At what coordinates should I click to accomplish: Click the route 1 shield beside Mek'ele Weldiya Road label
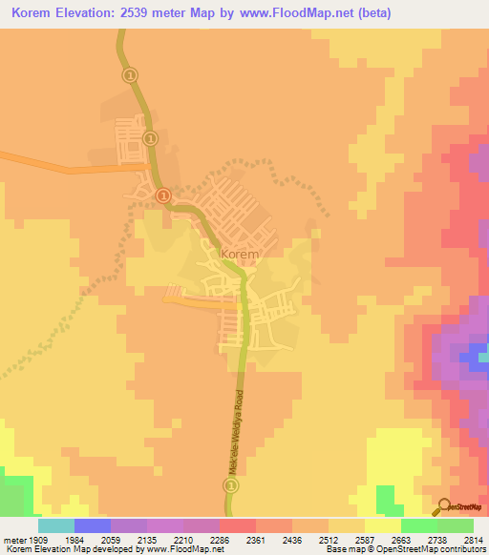(231, 486)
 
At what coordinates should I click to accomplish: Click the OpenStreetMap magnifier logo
(442, 504)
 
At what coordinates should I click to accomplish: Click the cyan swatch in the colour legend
(56, 524)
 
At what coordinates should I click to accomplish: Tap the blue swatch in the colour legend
(93, 524)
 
